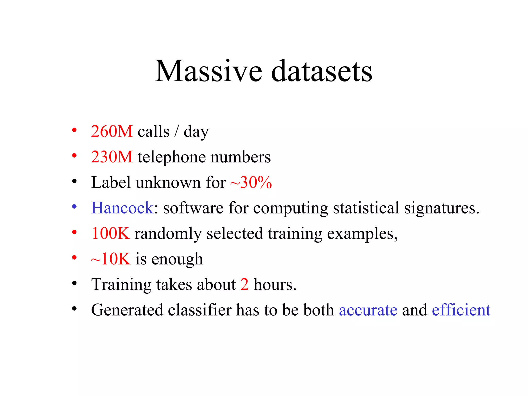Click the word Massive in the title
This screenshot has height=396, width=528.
[x=209, y=71]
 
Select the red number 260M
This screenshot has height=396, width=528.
[x=112, y=131]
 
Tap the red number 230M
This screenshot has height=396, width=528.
[x=112, y=157]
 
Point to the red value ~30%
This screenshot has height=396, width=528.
[x=251, y=183]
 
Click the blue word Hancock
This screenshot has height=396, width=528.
[x=122, y=208]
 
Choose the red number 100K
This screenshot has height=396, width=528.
[x=111, y=233]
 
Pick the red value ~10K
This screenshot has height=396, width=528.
[x=111, y=259]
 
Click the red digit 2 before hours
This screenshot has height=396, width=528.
[x=244, y=284]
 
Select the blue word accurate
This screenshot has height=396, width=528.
[x=368, y=310]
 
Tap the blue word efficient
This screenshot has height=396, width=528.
[x=461, y=310]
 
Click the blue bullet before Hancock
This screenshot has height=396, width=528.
[x=74, y=207]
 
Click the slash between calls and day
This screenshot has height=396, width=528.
[x=177, y=131]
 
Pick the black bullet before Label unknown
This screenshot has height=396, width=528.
[x=74, y=181]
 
